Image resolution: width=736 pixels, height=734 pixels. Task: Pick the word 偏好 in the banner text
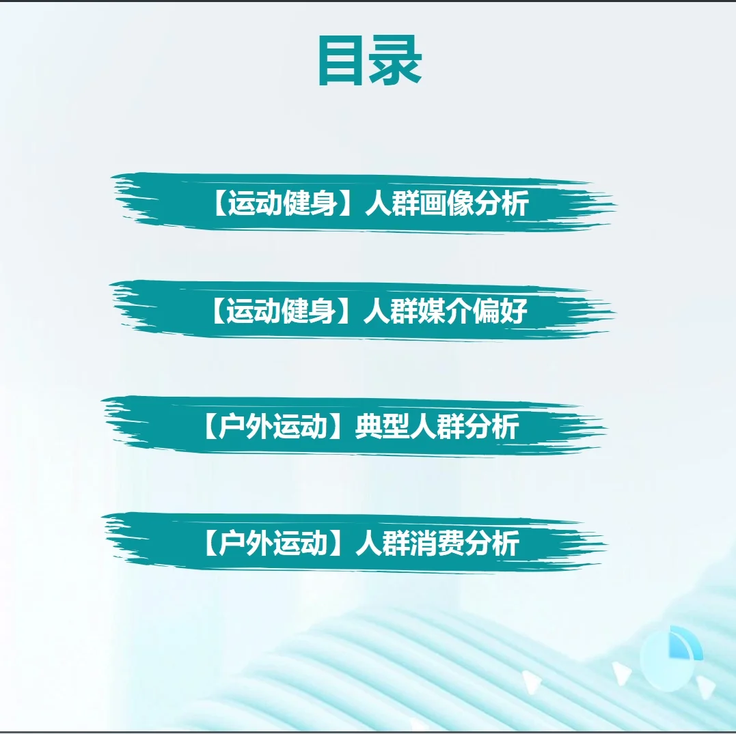coord(500,312)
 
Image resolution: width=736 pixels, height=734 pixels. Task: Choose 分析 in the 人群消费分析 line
coord(492,544)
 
